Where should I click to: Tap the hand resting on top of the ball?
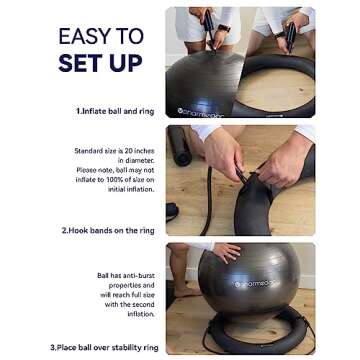tap(226, 252)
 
